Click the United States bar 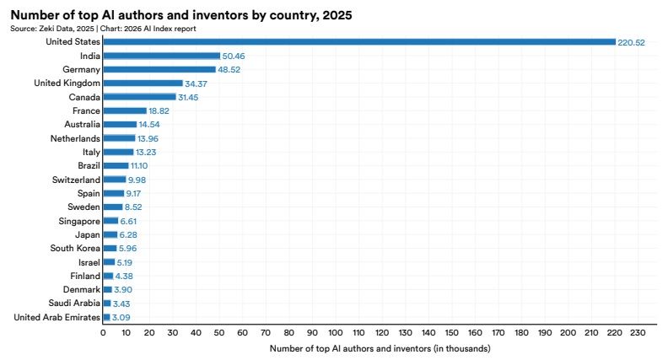point(359,42)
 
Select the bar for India point(162,56)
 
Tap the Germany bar point(159,69)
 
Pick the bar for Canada point(140,97)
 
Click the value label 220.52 point(632,43)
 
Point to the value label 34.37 point(196,84)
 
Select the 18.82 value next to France point(159,111)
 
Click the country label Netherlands point(75,138)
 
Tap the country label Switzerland point(76,180)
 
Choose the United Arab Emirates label point(57,317)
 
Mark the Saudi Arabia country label point(74,303)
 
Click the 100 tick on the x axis point(336,333)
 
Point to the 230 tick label point(638,333)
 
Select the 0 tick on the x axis point(103,333)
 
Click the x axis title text point(380,348)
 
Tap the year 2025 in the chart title point(337,15)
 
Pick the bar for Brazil point(116,166)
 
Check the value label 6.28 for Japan point(128,235)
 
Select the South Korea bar point(110,249)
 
